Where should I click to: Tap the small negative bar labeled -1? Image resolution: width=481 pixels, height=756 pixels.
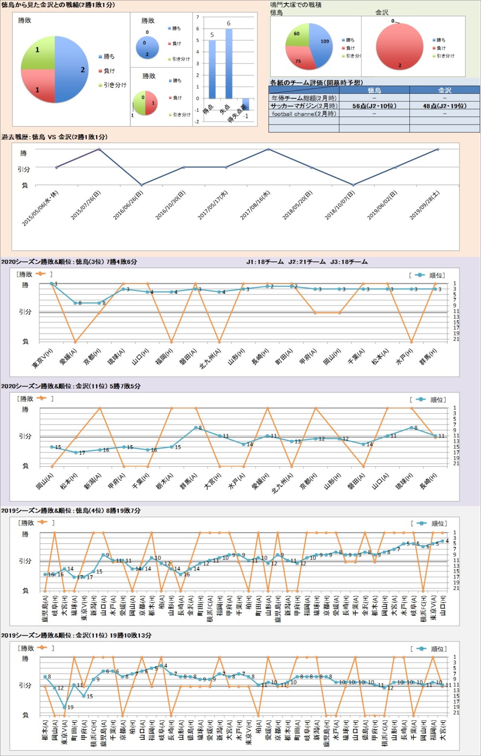pyautogui.click(x=246, y=104)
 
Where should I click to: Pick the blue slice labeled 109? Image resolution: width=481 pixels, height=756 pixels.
pyautogui.click(x=322, y=46)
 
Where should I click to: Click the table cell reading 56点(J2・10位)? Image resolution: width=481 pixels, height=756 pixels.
pyautogui.click(x=374, y=106)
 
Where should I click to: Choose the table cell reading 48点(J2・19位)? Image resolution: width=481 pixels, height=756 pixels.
pyautogui.click(x=444, y=106)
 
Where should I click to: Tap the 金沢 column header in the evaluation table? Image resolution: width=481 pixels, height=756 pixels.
pyautogui.click(x=444, y=90)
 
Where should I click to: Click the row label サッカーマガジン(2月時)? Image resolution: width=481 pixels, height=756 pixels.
pyautogui.click(x=304, y=106)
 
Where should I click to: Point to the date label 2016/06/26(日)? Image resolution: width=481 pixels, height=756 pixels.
pyautogui.click(x=128, y=205)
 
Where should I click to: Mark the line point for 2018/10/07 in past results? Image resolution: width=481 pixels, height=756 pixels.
pyautogui.click(x=354, y=185)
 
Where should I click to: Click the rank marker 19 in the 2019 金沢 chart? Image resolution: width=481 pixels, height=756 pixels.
pyautogui.click(x=64, y=707)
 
